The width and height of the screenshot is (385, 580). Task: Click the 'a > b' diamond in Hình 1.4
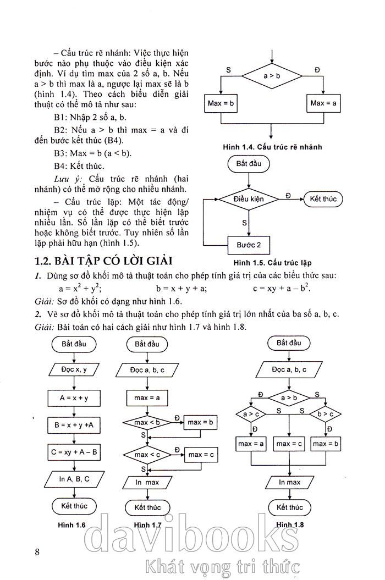[272, 76]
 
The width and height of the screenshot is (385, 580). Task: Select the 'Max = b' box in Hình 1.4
[221, 103]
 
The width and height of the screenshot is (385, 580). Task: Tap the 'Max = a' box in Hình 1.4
[323, 103]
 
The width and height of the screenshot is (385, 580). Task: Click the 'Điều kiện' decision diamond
[249, 198]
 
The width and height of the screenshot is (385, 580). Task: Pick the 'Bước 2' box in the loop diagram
[249, 245]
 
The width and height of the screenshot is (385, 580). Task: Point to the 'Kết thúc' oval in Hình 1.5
[323, 198]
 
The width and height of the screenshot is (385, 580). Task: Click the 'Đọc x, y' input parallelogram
[74, 369]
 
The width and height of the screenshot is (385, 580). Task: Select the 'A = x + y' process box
[74, 397]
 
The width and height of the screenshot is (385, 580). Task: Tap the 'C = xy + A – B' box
[74, 452]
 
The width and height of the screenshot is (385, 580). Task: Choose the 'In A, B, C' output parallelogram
[74, 479]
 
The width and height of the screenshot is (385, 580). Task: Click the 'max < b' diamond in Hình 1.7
[147, 423]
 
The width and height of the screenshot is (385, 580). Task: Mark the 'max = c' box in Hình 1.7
[200, 455]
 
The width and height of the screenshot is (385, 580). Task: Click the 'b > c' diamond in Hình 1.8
[325, 413]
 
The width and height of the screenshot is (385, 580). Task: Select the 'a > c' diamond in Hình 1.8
[251, 413]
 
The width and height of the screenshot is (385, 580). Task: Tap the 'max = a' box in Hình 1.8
[251, 443]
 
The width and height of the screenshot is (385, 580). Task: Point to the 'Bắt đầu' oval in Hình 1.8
[289, 343]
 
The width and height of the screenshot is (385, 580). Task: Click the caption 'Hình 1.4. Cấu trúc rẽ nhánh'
[272, 147]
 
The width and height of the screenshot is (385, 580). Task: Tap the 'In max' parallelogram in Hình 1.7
[147, 482]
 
